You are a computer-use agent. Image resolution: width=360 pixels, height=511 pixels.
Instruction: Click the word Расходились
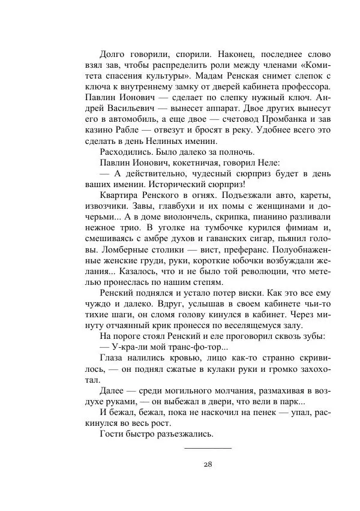pos(125,152)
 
